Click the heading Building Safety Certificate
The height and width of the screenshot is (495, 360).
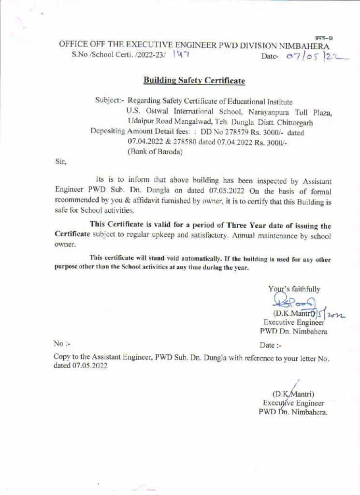coord(194,80)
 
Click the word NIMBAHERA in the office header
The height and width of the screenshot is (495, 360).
coord(301,45)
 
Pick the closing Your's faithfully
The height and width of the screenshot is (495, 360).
coord(294,289)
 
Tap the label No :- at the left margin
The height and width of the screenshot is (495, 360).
coord(62,344)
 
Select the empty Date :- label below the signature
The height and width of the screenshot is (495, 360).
coord(270,345)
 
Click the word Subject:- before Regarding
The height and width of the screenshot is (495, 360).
coord(110,102)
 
